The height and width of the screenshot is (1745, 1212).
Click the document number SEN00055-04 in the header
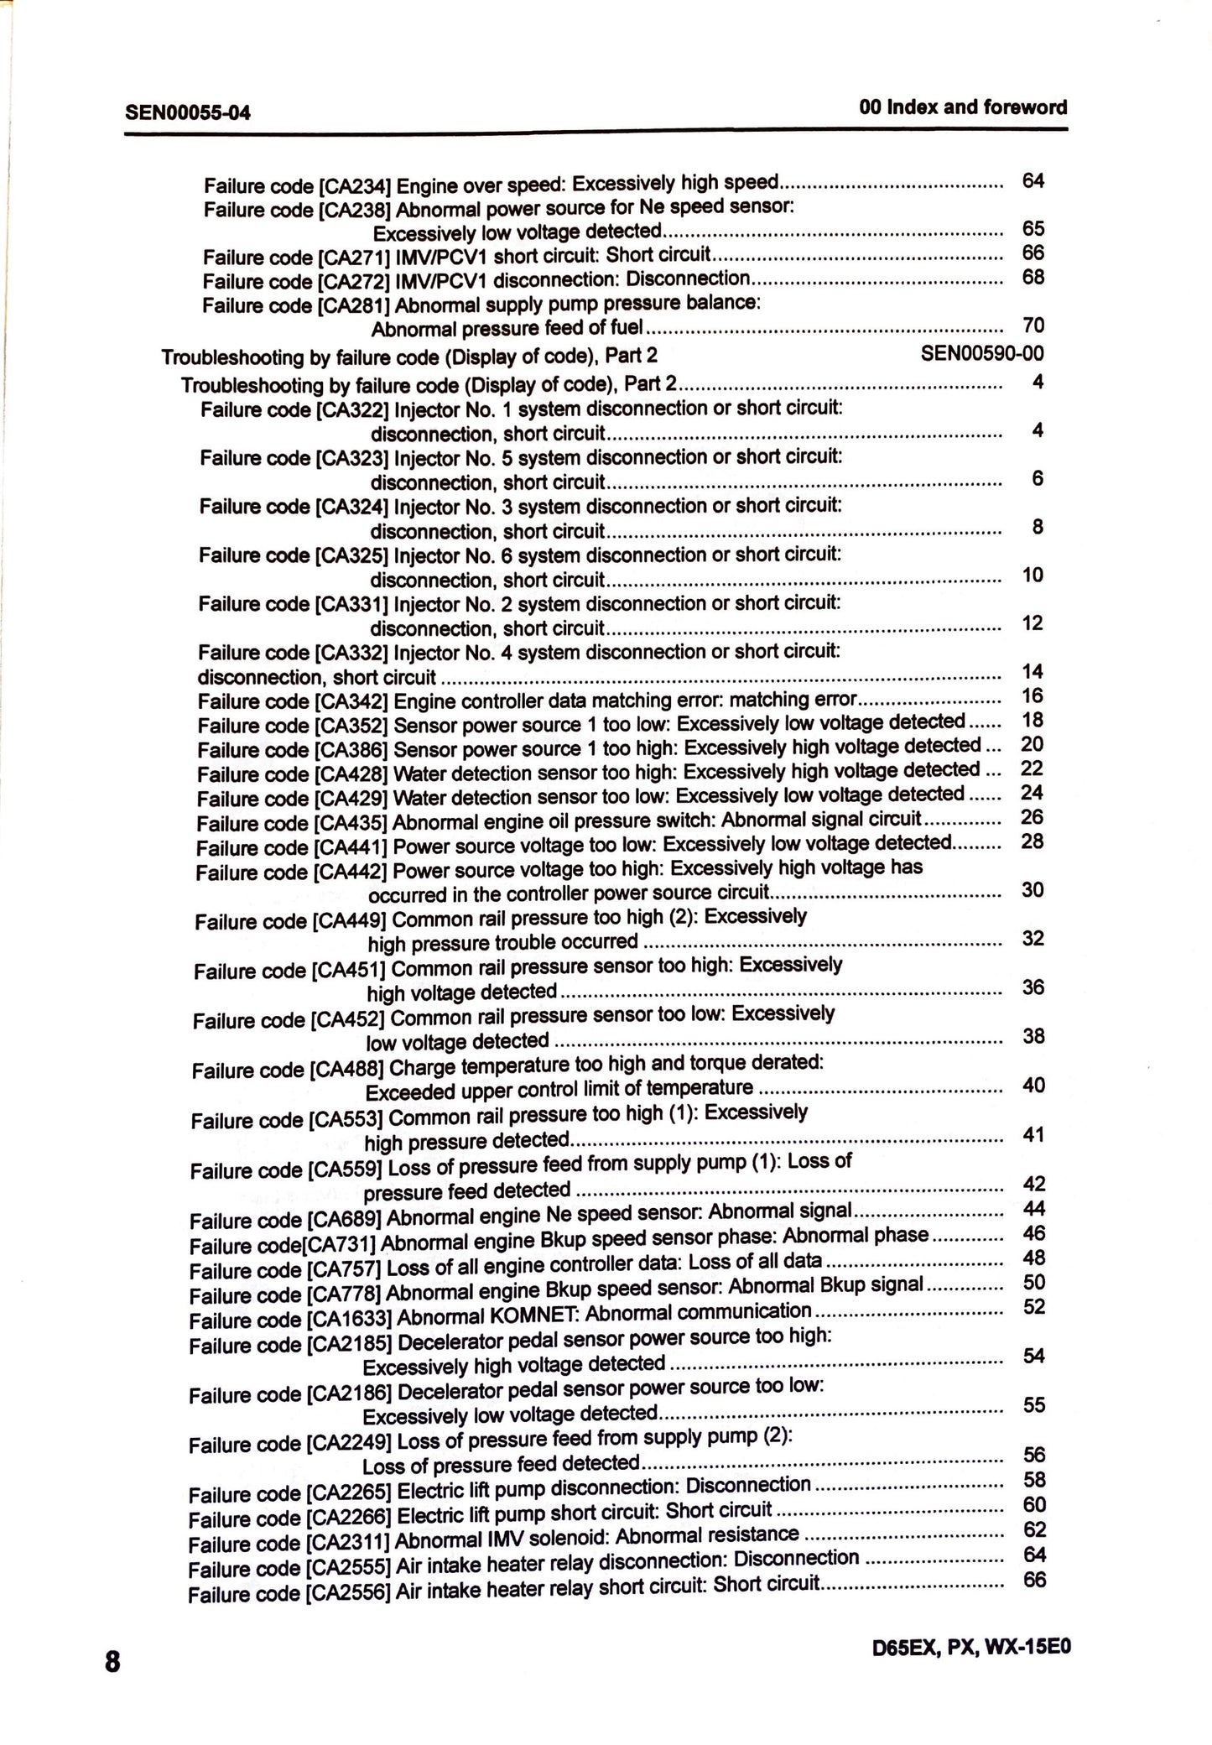pos(187,112)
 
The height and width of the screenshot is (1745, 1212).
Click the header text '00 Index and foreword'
pos(963,107)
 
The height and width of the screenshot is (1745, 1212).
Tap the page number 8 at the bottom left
pos(112,1662)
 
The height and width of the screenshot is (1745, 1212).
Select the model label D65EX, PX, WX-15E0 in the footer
pos(971,1646)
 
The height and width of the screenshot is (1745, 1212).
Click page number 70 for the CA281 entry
pos(1033,325)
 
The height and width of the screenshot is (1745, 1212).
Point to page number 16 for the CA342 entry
pos(1032,695)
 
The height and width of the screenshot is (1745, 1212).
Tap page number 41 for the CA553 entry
pos(1033,1134)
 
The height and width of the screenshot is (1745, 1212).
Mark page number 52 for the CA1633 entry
pos(1034,1306)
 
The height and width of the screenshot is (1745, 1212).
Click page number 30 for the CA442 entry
pos(1033,889)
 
